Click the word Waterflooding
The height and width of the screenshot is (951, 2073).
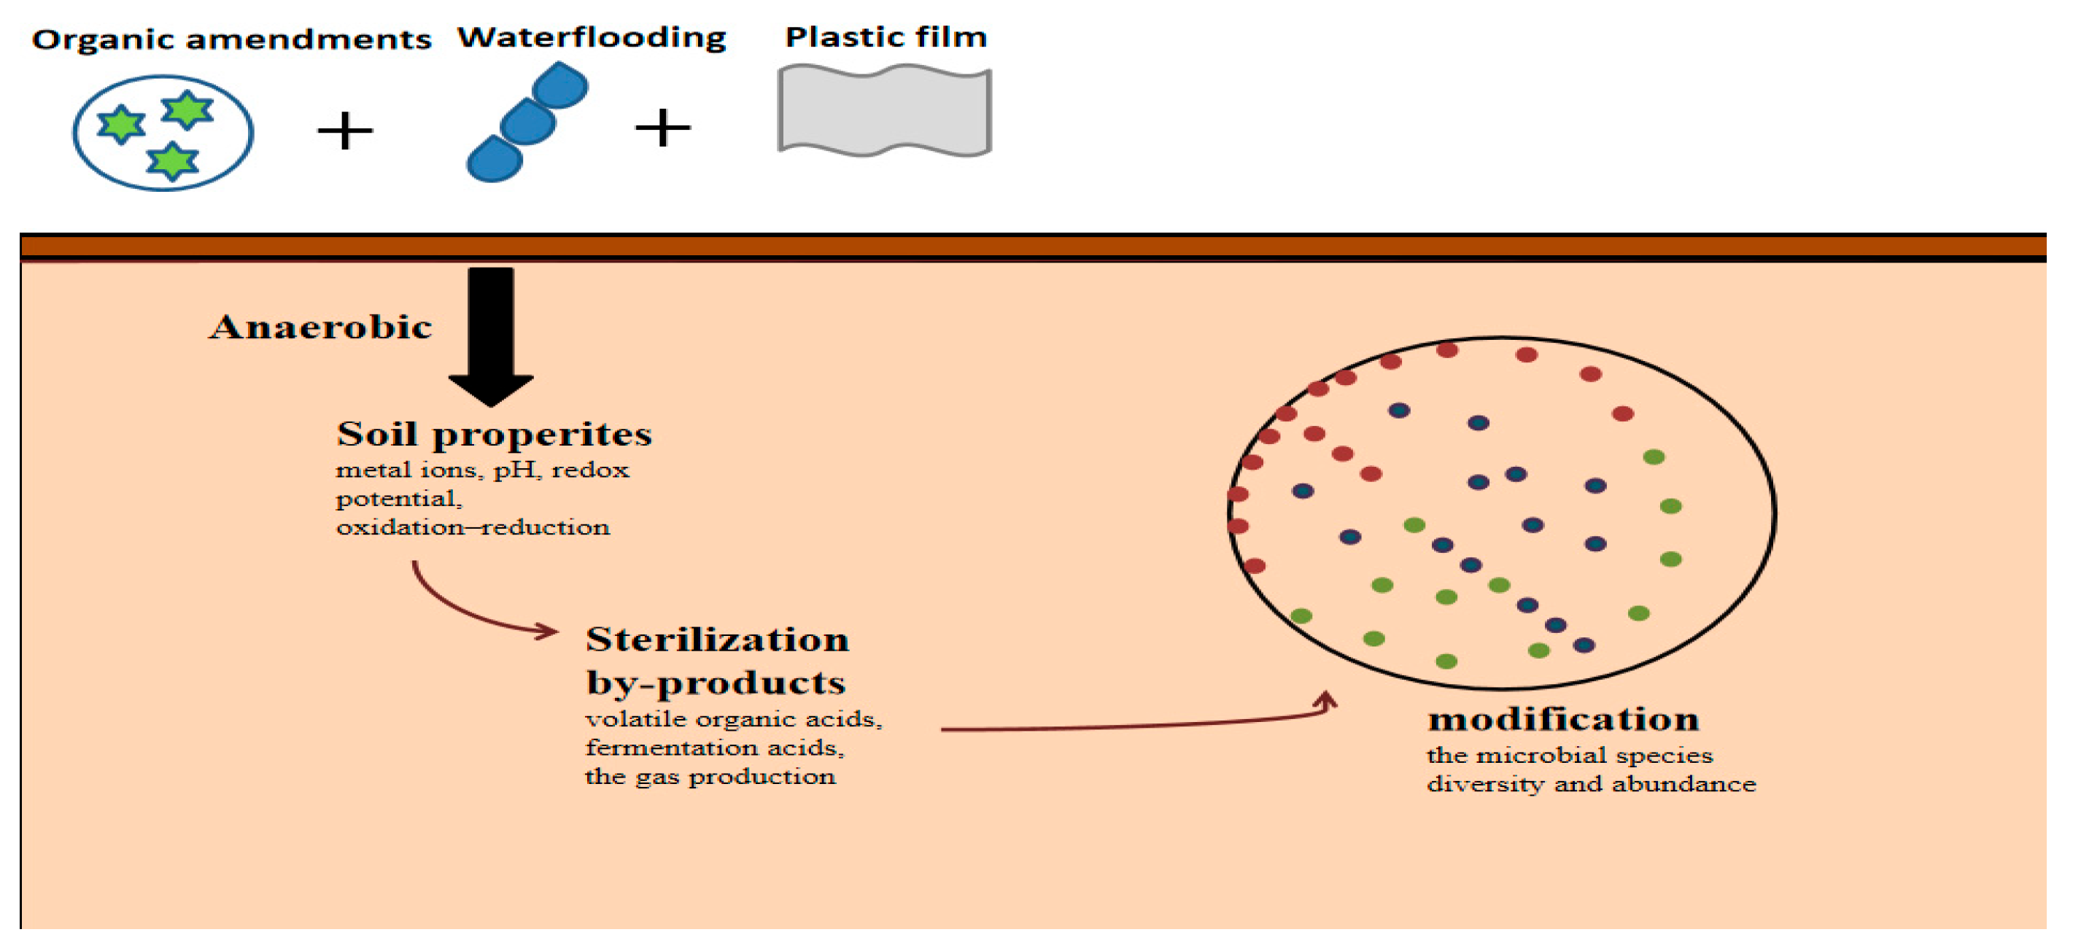(592, 38)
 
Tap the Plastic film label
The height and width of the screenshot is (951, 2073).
(886, 37)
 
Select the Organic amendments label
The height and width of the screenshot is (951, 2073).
(231, 39)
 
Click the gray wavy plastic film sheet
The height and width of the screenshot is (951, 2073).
(884, 112)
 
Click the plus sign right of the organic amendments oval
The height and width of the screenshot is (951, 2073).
(345, 131)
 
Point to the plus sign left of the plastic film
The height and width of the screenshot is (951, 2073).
(662, 128)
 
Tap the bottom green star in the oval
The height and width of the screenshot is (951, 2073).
(172, 161)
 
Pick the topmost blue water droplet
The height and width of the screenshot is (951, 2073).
(561, 85)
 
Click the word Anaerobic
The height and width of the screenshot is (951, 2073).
(320, 327)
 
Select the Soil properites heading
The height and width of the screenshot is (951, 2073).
(494, 435)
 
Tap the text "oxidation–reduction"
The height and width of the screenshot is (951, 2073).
(473, 528)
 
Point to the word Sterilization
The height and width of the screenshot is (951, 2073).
(717, 640)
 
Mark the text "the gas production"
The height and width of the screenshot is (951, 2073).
(710, 777)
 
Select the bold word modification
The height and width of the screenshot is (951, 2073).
(1563, 719)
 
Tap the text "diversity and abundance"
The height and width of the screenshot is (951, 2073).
(1591, 785)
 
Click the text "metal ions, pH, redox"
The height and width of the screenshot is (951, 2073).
(482, 470)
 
